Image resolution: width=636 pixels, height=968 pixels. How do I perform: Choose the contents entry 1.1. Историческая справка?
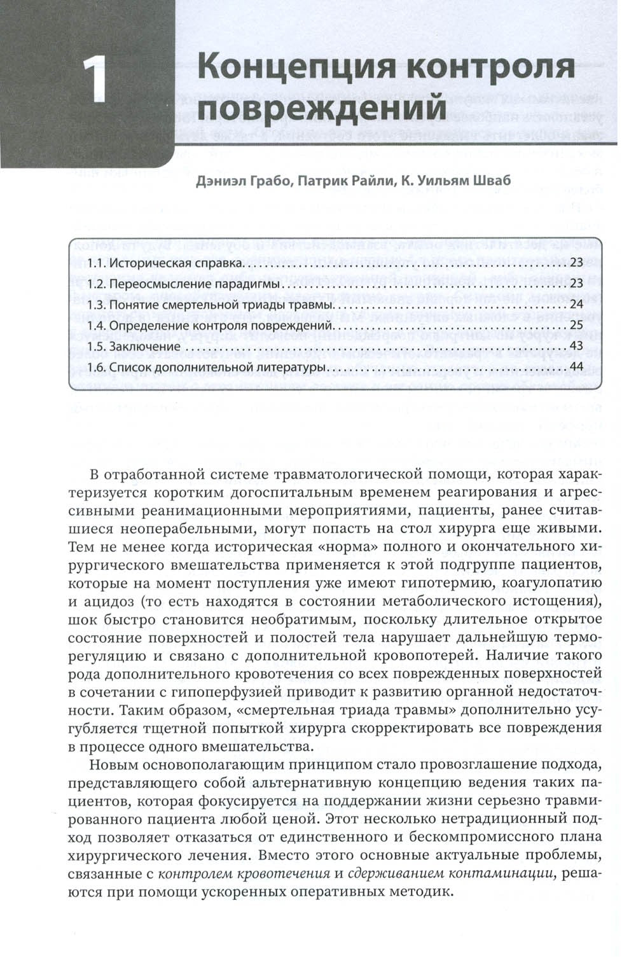(x=164, y=263)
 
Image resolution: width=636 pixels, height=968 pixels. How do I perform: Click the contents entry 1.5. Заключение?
(x=135, y=347)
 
